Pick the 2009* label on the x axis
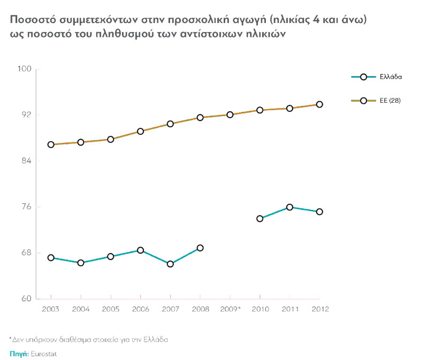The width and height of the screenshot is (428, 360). [230, 309]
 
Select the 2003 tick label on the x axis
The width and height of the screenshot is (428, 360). [51, 309]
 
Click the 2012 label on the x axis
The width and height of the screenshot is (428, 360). [319, 309]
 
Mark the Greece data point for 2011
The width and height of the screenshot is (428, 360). [289, 207]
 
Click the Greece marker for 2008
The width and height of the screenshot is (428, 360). [200, 248]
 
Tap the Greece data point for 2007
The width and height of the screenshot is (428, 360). [170, 264]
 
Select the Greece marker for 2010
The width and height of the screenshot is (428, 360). [260, 218]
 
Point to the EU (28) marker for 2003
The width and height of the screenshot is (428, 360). [51, 144]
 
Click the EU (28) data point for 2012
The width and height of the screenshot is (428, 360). [319, 104]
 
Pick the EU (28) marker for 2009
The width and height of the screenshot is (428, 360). [230, 114]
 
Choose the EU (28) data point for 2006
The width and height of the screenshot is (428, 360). [140, 131]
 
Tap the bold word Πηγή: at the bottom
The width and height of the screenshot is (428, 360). [19, 354]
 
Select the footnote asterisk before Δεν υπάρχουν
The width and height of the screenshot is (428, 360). [10, 339]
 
